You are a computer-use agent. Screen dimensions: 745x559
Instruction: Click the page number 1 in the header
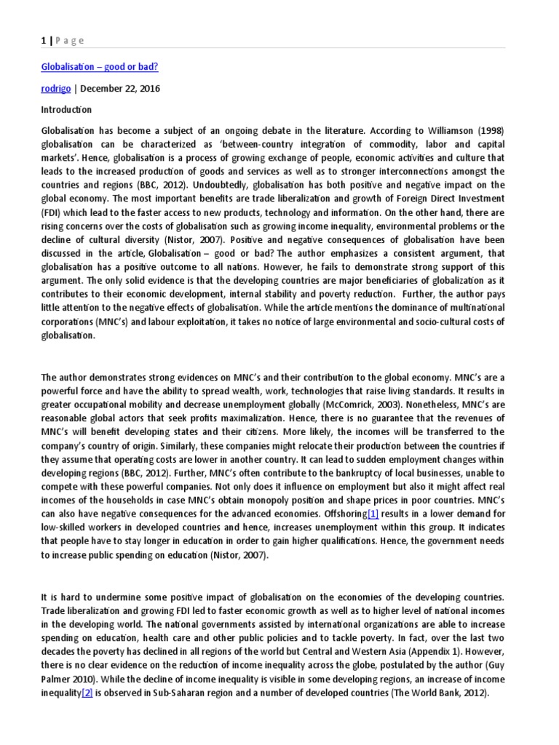pos(43,41)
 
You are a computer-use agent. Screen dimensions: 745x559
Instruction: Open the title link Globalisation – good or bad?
pos(100,67)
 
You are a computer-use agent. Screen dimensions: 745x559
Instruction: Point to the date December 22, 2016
pos(119,88)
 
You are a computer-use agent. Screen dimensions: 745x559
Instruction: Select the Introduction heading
pos(66,109)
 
